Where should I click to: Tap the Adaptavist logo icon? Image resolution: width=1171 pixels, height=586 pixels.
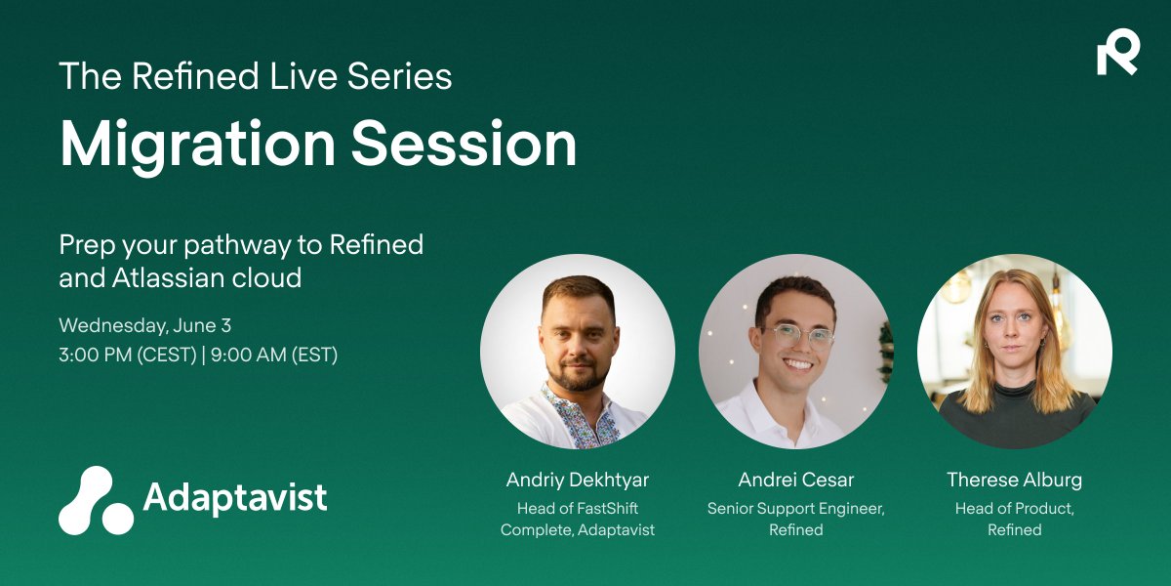coord(96,500)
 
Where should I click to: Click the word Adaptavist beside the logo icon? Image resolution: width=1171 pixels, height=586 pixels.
coord(235,496)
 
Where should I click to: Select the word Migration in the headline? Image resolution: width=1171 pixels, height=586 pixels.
coord(197,145)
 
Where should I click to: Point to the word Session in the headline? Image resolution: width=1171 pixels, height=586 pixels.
coord(464,144)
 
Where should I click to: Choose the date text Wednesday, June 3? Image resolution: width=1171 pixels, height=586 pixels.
coord(144,325)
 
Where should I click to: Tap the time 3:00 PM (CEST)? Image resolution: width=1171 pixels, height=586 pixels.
coord(128,355)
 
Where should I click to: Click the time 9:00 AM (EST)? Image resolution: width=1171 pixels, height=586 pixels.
coord(274,355)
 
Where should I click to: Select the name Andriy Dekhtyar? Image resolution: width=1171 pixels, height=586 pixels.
coord(578,480)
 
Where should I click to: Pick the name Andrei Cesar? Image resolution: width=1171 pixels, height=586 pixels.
coord(796,480)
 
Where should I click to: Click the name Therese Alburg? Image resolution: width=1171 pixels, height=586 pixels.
coord(1014,480)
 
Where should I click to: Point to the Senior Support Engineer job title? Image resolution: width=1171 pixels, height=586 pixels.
coord(796,508)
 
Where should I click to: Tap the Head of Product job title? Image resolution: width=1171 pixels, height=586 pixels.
coord(1015,508)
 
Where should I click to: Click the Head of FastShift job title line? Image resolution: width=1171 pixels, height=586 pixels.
coord(578,508)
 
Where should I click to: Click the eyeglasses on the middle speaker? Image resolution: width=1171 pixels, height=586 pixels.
coord(798,335)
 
